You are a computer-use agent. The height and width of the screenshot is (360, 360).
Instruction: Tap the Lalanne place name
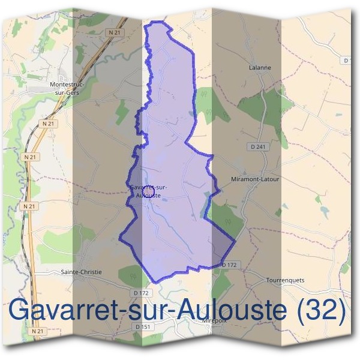pyautogui.click(x=260, y=68)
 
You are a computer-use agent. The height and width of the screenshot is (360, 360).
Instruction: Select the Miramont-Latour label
pyautogui.click(x=255, y=179)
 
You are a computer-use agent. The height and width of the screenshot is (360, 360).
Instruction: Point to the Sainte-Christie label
pyautogui.click(x=82, y=272)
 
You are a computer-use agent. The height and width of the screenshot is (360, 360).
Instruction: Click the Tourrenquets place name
pyautogui.click(x=285, y=280)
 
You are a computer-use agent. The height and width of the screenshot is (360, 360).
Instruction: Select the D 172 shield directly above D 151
pyautogui.click(x=141, y=292)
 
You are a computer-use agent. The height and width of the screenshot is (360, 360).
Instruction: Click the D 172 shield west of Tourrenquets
pyautogui.click(x=230, y=265)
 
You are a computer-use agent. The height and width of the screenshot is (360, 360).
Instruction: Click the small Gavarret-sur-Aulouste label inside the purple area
pyautogui.click(x=148, y=191)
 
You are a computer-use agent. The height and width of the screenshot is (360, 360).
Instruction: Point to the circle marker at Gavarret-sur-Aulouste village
pyautogui.click(x=149, y=188)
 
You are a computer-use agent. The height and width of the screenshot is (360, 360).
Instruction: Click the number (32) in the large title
pyautogui.click(x=322, y=311)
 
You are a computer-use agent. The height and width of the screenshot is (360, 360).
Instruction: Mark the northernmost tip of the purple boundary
pyautogui.click(x=157, y=22)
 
